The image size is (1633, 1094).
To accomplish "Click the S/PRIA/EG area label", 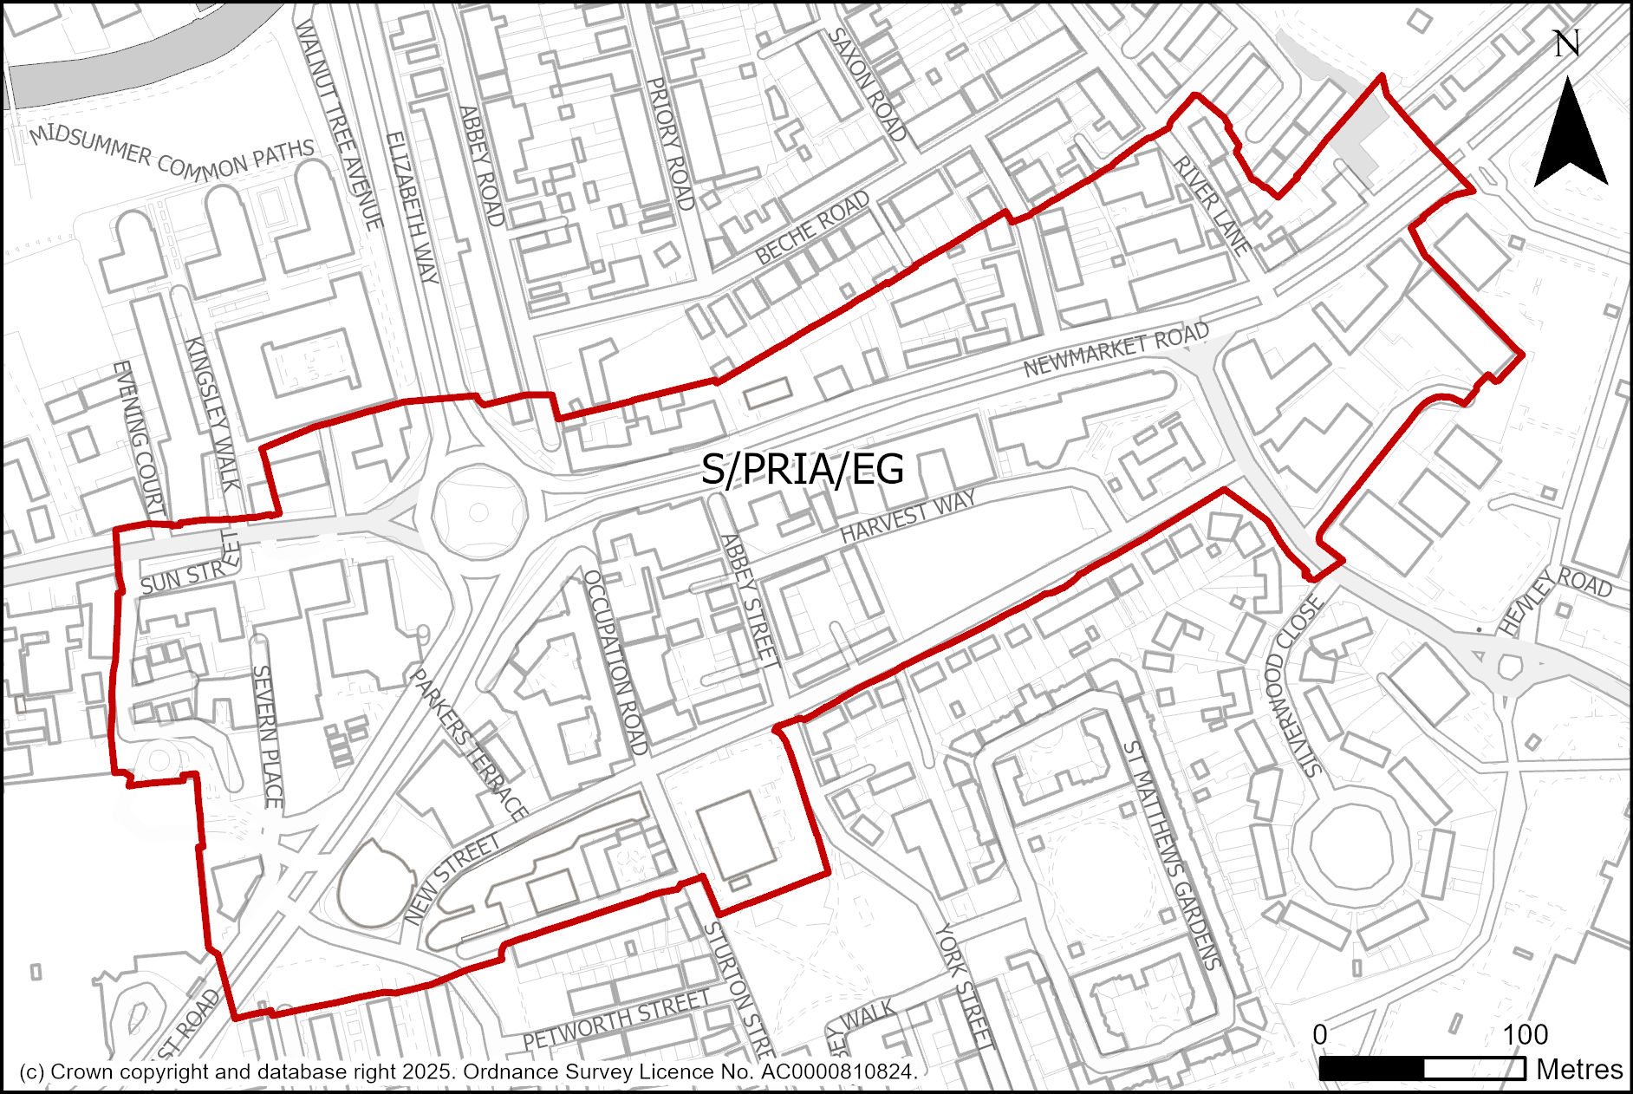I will pos(802,470).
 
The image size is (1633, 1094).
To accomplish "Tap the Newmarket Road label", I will pos(1116,348).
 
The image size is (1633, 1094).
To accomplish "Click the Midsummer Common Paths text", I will pos(171,153).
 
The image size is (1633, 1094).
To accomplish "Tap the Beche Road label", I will pos(812,228).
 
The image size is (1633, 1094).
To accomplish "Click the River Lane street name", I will pos(1212,206).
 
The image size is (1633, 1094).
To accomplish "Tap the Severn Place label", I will pos(267,737).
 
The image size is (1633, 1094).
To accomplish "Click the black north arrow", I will pos(1570,139).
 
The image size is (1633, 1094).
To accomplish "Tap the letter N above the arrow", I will pos(1566,43).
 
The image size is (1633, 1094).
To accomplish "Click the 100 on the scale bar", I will pos(1525,1034).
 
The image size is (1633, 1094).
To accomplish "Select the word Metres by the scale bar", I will pos(1578,1070).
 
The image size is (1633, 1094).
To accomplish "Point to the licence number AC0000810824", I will pos(837,1072).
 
